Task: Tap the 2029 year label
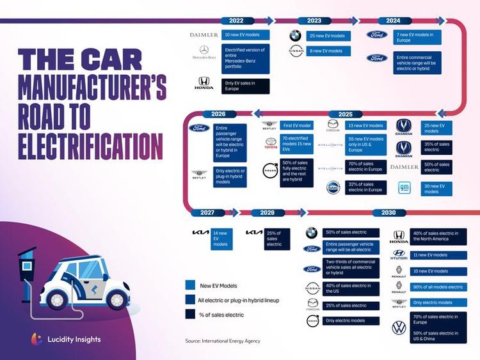(268, 212)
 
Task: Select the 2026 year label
(214, 114)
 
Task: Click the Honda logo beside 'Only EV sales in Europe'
(204, 83)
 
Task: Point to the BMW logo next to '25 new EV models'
(295, 36)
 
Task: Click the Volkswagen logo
(399, 328)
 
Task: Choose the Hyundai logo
(399, 254)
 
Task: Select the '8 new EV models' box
(329, 51)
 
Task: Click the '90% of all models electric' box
(438, 287)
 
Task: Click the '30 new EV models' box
(439, 188)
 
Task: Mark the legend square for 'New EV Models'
(190, 286)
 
